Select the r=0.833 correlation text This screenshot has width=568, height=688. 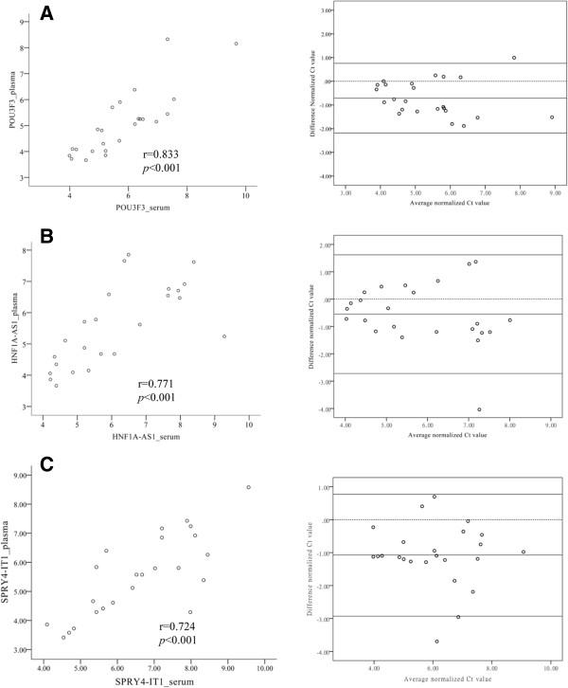(x=158, y=154)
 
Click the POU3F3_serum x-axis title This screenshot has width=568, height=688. (x=144, y=206)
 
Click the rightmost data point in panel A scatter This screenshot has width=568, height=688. (x=236, y=44)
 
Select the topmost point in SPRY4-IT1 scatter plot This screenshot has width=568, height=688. (x=248, y=487)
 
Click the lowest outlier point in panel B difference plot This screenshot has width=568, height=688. (x=479, y=409)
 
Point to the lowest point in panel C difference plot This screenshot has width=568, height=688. (x=436, y=642)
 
